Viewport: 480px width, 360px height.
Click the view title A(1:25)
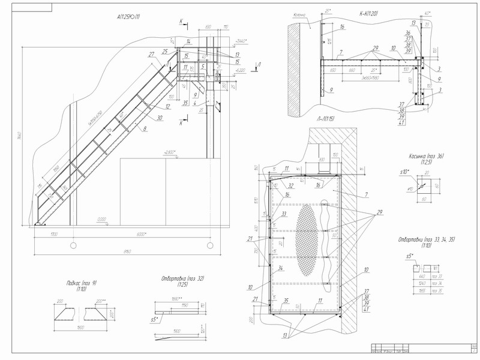click(x=129, y=17)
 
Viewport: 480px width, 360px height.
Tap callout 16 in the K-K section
click(x=341, y=27)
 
